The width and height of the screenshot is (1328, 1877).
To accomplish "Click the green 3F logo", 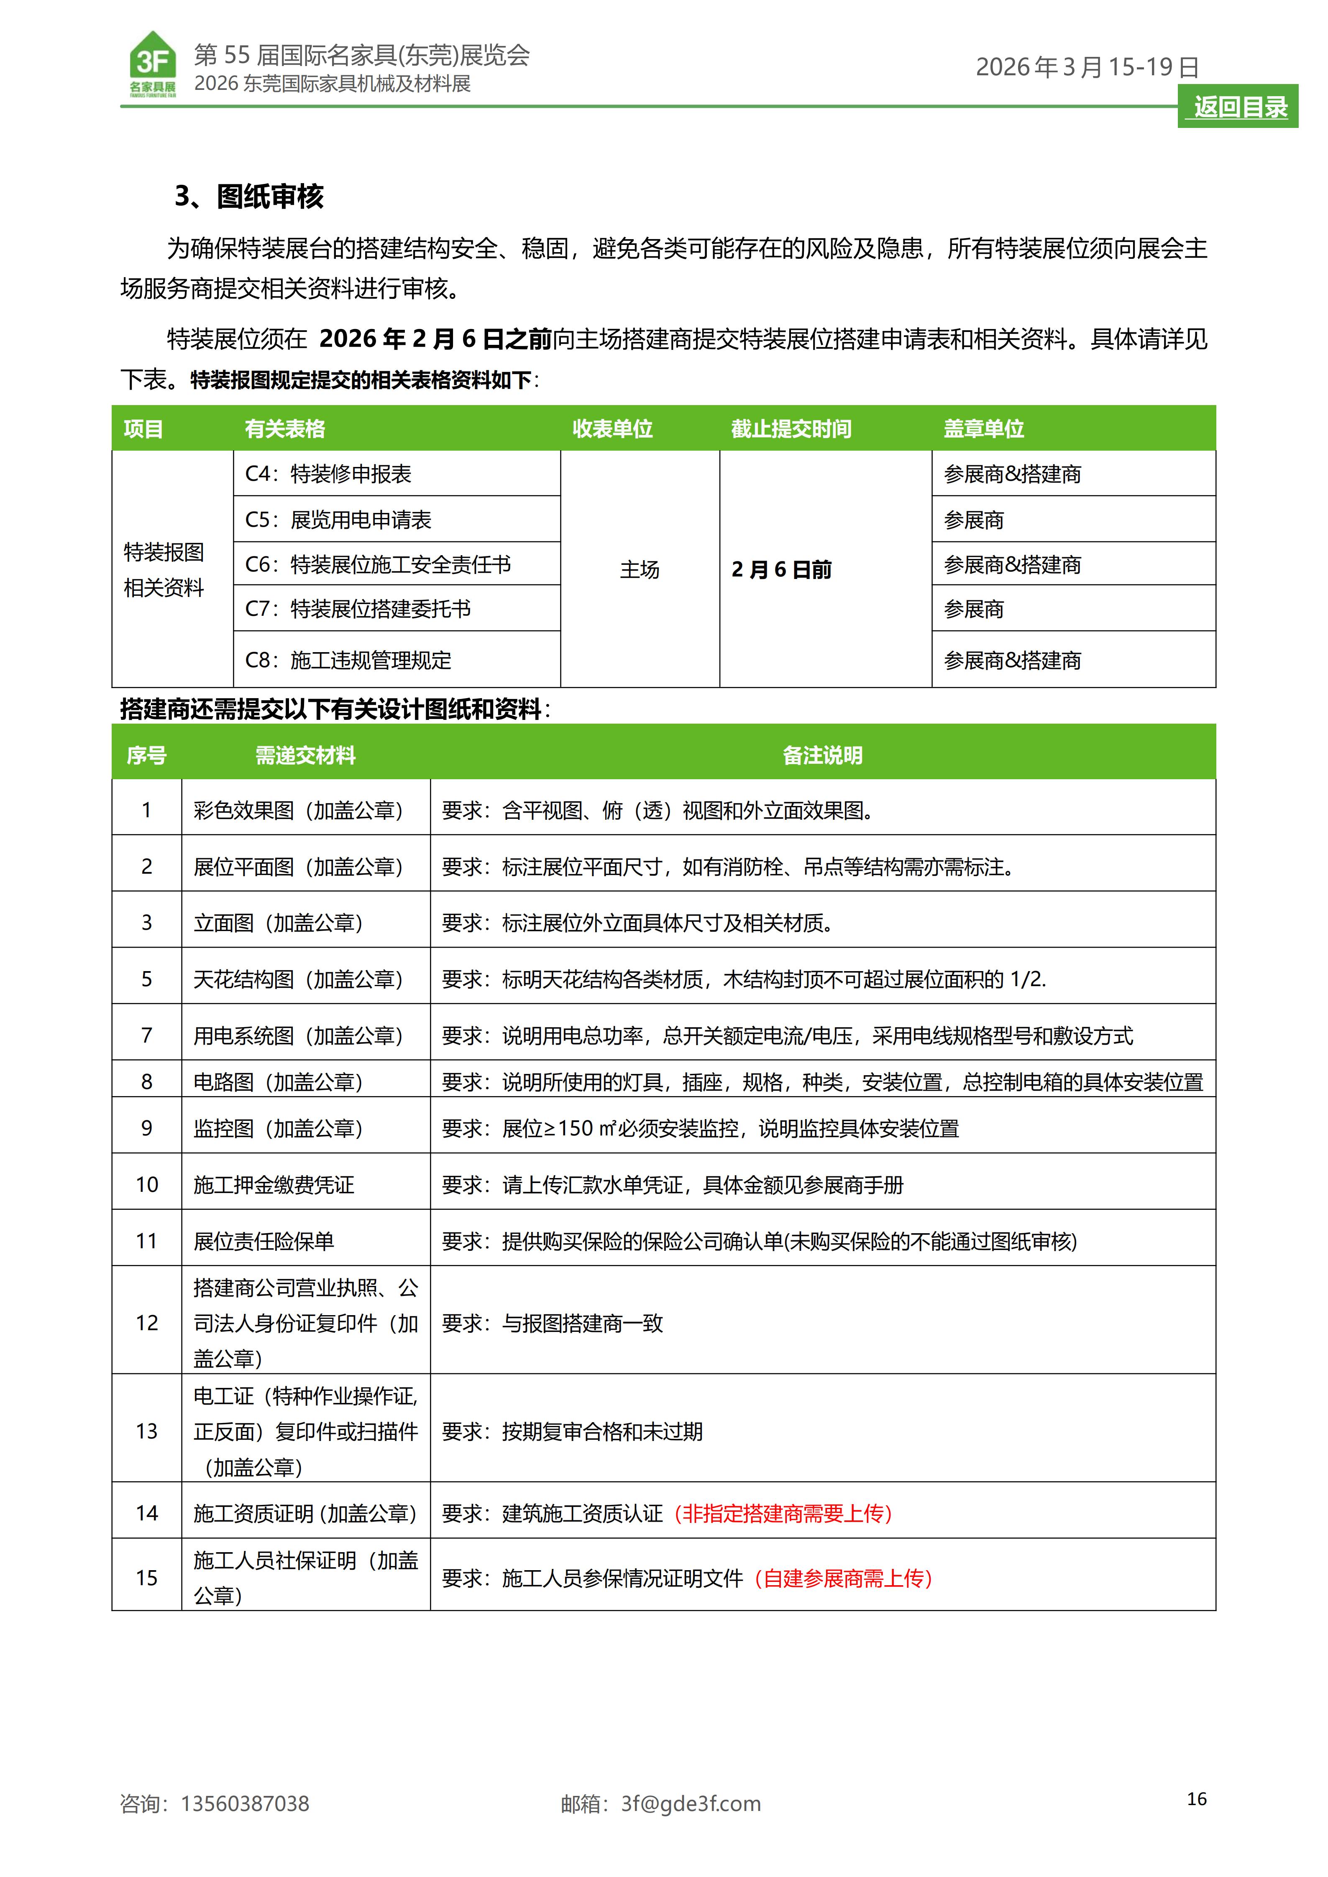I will [153, 64].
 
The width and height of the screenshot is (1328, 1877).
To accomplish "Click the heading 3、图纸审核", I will [249, 196].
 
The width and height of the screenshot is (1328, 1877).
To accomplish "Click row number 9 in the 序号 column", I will [146, 1128].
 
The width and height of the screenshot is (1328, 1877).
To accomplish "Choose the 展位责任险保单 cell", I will [264, 1241].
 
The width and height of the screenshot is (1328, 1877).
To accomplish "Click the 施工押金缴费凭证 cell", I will [274, 1185].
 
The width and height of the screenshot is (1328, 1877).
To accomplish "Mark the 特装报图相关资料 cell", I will [164, 570].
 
